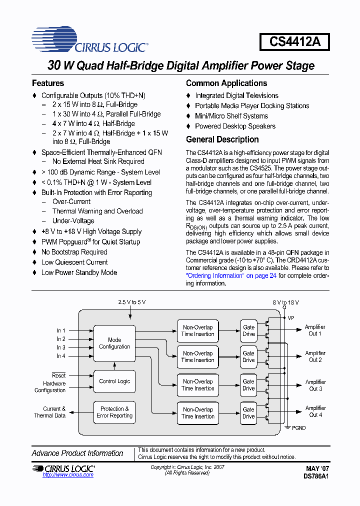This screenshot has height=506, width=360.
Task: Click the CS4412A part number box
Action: click(294, 41)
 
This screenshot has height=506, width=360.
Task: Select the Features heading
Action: click(48, 83)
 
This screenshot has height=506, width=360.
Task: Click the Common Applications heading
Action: click(226, 83)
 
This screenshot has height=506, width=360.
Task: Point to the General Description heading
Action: click(222, 139)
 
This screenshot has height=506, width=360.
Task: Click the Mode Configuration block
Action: click(114, 343)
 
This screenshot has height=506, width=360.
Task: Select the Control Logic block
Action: click(114, 381)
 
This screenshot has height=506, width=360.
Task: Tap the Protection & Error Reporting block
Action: click(114, 412)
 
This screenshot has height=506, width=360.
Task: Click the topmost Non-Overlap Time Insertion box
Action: click(198, 330)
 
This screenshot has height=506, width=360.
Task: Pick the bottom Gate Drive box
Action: click(248, 412)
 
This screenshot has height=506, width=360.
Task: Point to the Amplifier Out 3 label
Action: click(315, 385)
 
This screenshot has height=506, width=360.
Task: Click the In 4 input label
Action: click(60, 356)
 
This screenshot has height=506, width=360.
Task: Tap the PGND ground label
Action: click(298, 428)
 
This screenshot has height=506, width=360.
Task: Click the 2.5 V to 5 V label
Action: click(132, 302)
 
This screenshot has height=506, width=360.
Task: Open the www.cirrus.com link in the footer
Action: click(68, 475)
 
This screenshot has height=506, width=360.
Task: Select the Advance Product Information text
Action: click(77, 453)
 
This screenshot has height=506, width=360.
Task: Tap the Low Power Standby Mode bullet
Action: click(79, 272)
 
